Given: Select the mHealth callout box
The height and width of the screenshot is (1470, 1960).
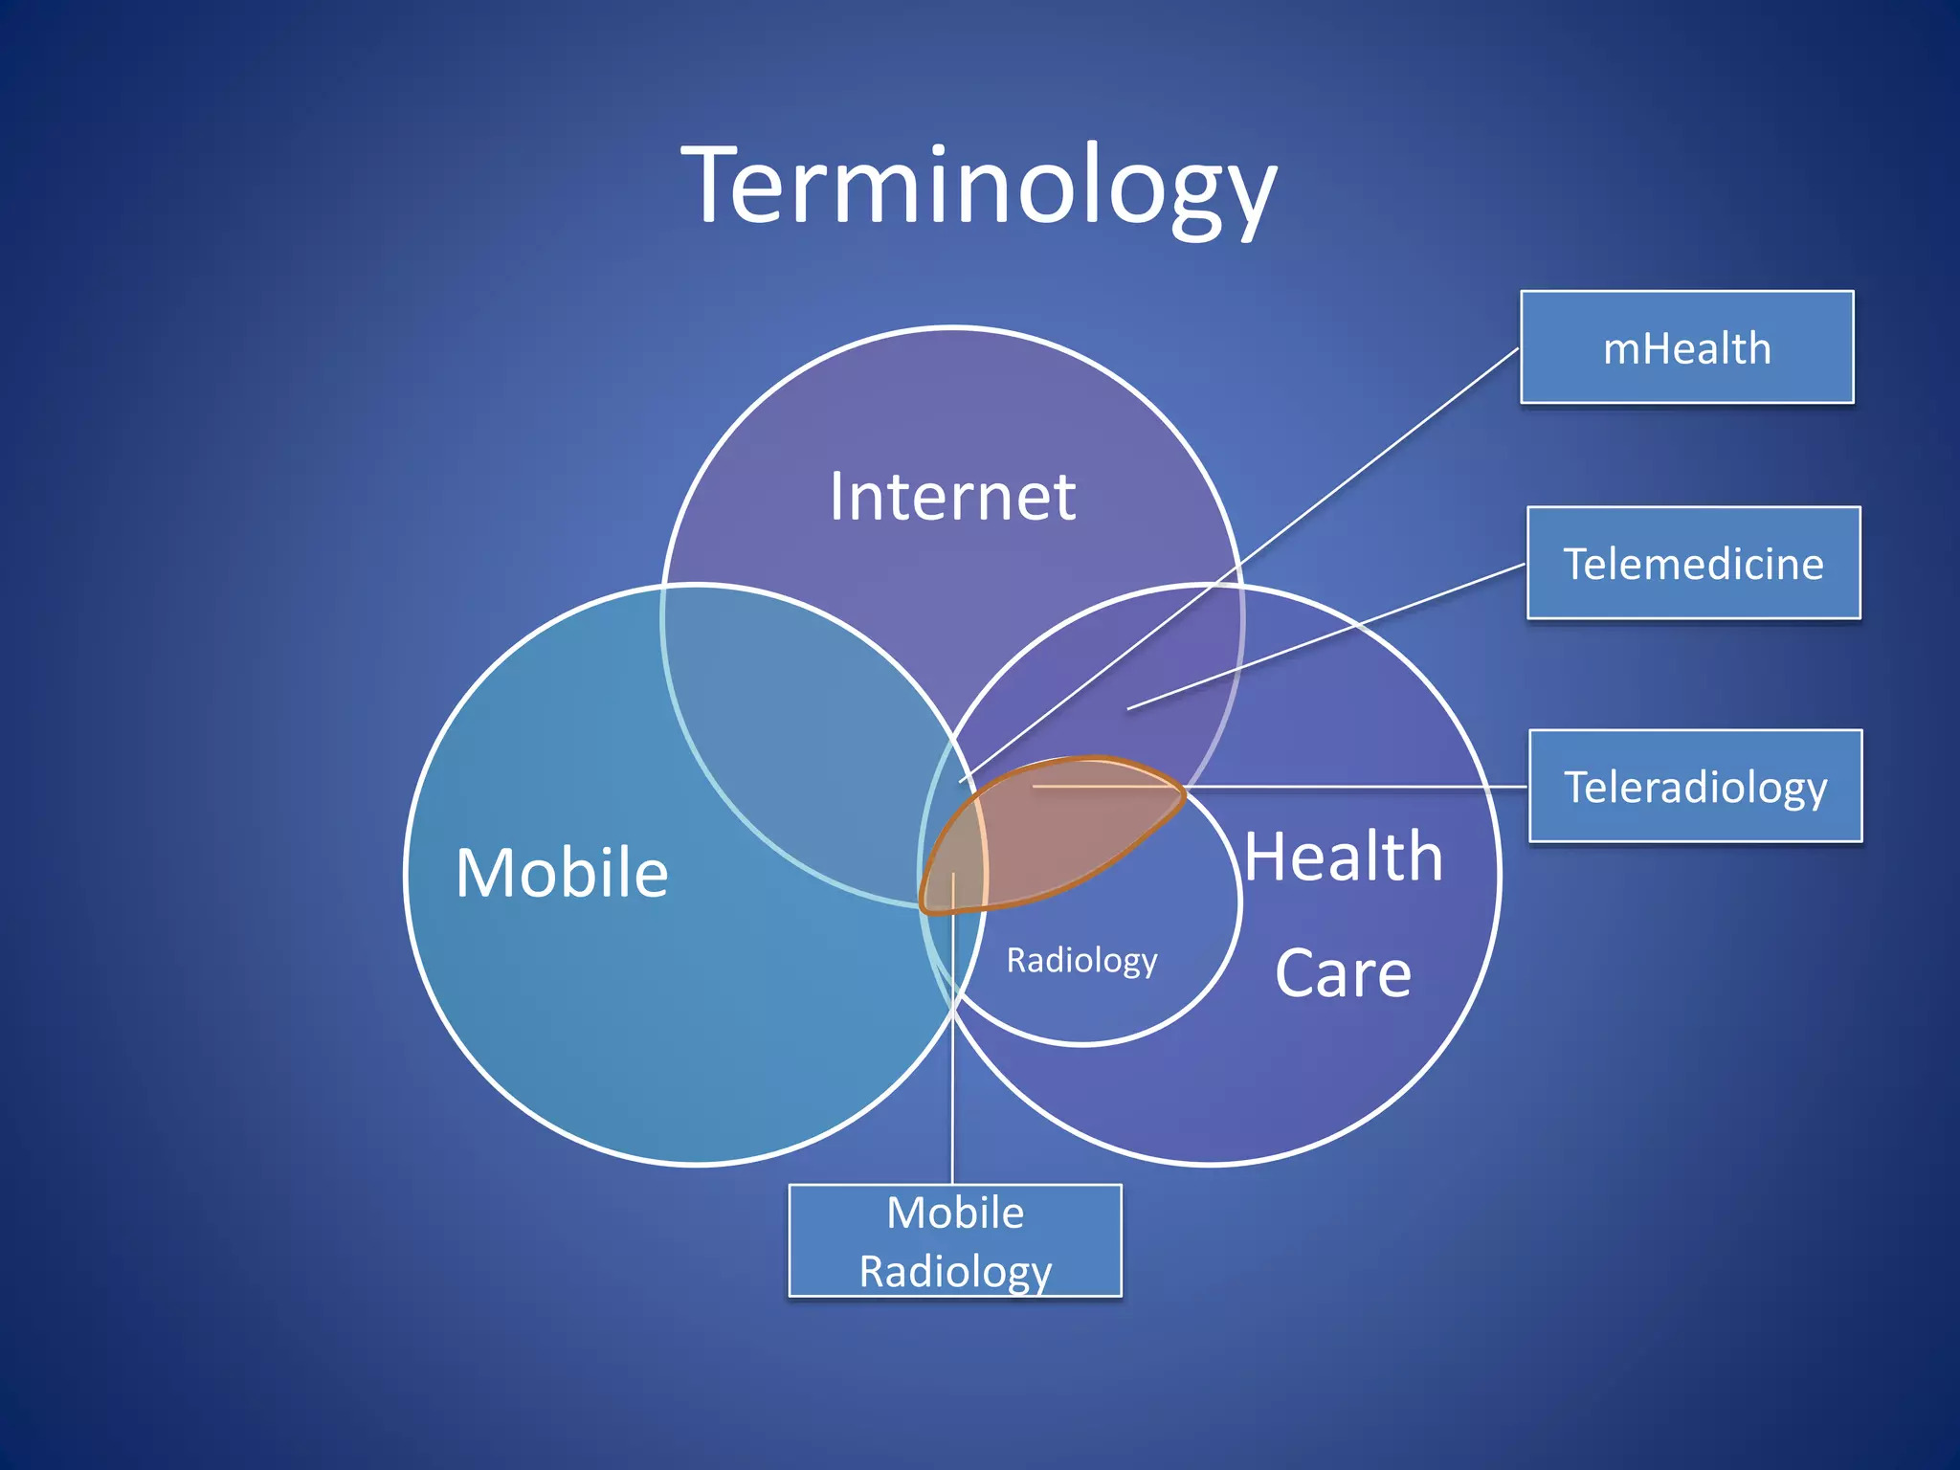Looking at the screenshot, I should [1686, 347].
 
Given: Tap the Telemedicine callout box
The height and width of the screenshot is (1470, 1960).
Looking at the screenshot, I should [1693, 563].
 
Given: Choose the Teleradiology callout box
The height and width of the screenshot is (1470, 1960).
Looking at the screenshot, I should [1695, 787].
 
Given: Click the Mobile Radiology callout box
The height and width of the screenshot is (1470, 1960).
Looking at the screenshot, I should [954, 1241].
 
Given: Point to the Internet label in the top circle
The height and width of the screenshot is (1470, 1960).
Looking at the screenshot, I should [952, 497].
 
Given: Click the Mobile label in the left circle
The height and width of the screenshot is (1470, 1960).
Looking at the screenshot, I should [562, 873].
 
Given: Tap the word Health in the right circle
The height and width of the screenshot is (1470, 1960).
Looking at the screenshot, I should [1343, 857].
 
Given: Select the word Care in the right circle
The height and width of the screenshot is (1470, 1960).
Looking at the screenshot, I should [1343, 973].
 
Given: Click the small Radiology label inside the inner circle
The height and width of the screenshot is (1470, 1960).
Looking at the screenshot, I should [1081, 960].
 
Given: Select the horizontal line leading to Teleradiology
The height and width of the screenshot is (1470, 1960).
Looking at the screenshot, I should [1359, 787].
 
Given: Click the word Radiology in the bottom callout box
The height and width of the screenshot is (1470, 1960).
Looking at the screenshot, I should [955, 1271].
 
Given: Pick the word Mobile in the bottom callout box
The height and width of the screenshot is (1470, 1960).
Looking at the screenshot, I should [955, 1213].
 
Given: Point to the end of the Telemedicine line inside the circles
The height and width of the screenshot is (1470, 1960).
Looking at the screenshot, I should [1129, 709].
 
